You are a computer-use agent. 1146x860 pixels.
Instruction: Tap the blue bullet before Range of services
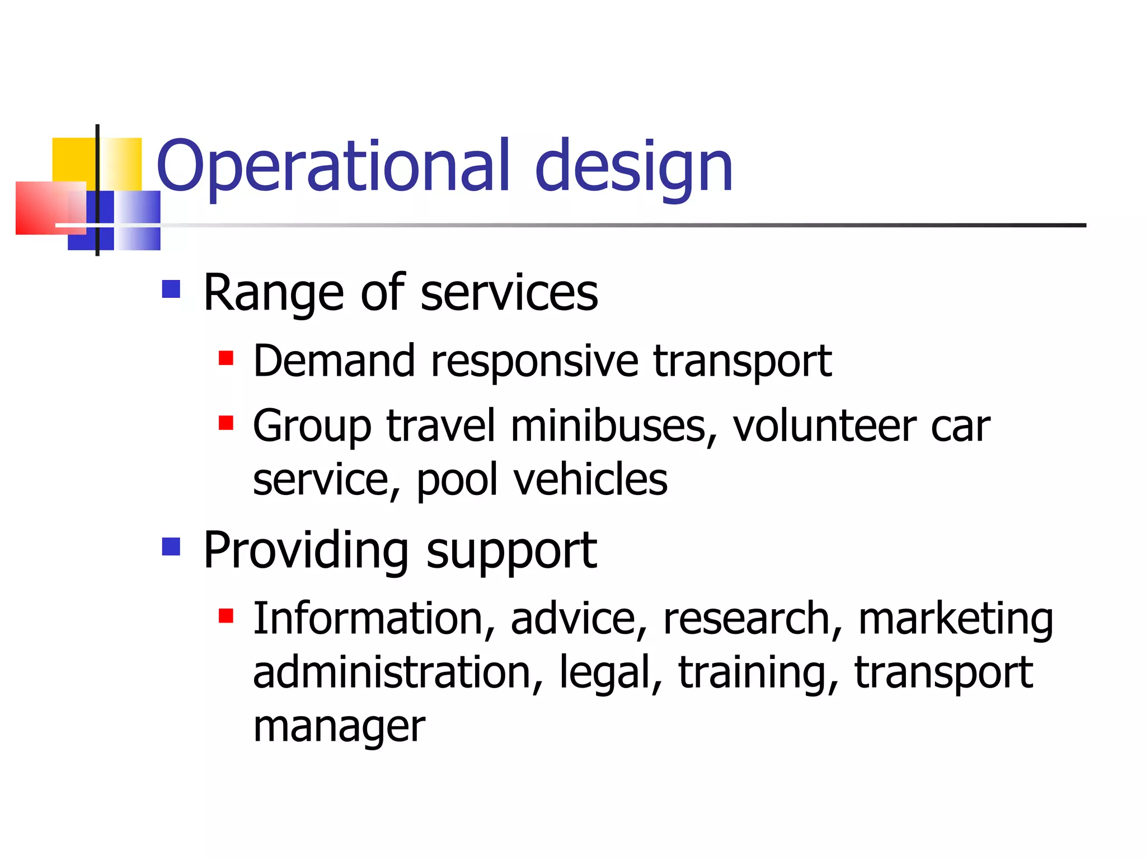(x=171, y=289)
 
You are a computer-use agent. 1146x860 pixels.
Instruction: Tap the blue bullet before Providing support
(x=171, y=546)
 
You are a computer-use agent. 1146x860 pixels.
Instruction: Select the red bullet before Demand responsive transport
(x=226, y=358)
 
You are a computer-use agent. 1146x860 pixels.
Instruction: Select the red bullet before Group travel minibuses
(x=226, y=423)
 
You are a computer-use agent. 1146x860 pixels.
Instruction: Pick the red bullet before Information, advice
(x=226, y=616)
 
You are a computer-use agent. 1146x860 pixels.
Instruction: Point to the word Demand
(x=334, y=361)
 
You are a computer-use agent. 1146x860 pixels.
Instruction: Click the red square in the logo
(x=42, y=208)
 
